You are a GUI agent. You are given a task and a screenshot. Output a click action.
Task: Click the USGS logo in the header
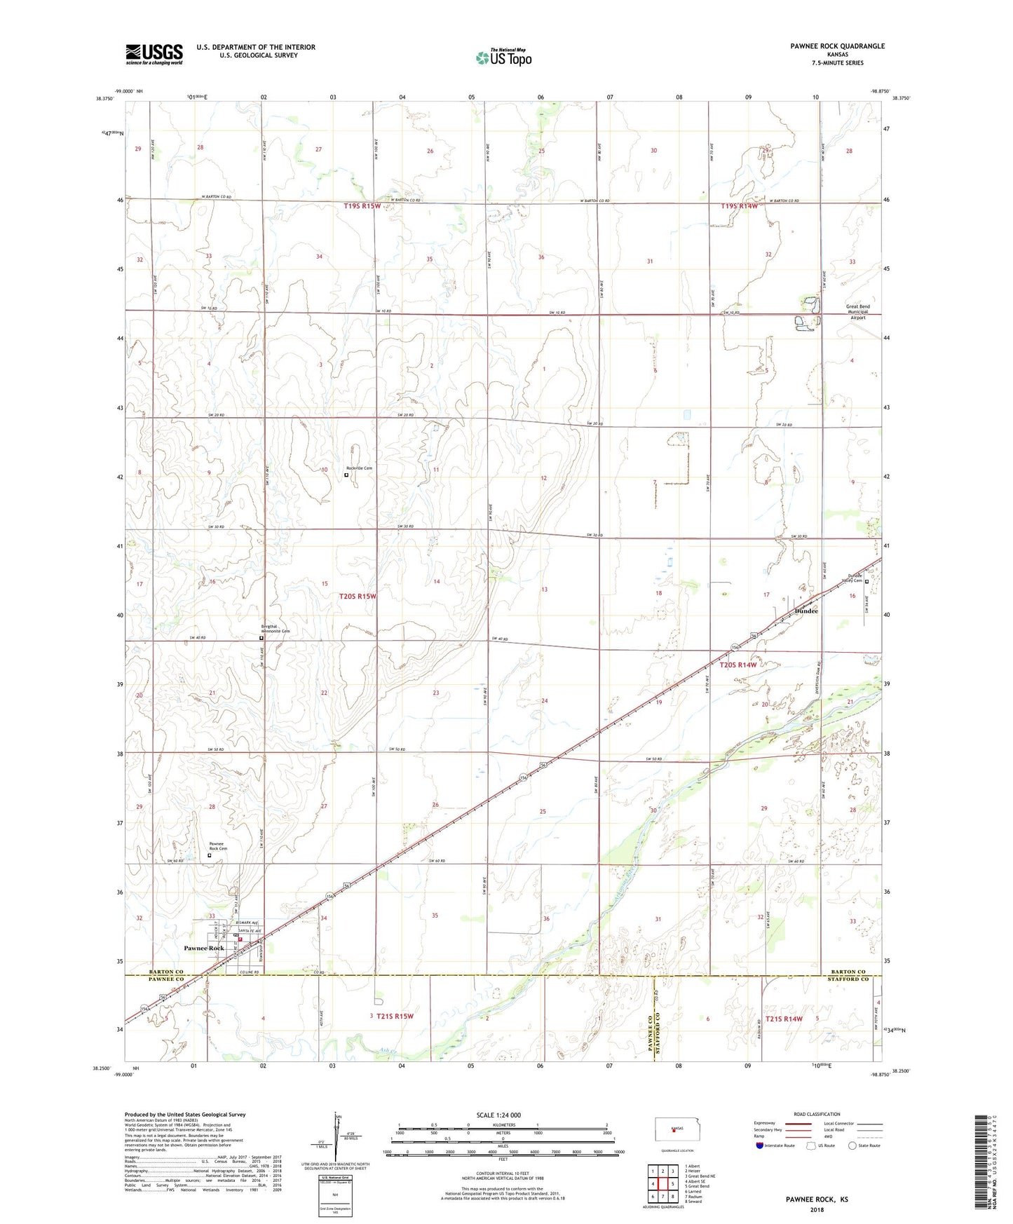tap(154, 54)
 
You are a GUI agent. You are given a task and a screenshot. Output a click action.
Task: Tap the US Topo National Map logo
tap(503, 57)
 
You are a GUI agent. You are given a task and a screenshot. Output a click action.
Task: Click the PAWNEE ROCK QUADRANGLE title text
tap(837, 46)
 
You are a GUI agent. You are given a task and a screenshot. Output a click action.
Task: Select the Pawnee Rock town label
tap(204, 948)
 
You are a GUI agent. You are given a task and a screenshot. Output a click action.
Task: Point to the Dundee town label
tap(806, 611)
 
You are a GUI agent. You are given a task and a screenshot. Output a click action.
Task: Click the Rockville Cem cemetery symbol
tap(346, 475)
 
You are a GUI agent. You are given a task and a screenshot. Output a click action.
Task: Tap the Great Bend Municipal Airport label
tap(858, 312)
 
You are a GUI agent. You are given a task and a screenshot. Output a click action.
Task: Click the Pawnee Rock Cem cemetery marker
tap(209, 855)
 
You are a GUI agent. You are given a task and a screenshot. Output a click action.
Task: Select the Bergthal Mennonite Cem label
tap(275, 630)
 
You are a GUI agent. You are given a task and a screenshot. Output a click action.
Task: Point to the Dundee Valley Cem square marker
tap(866, 581)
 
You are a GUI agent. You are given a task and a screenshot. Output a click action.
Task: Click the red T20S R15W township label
tap(358, 597)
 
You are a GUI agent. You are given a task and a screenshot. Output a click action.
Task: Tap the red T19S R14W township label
tap(739, 206)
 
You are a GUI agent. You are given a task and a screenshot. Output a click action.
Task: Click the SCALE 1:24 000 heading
tap(498, 1115)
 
